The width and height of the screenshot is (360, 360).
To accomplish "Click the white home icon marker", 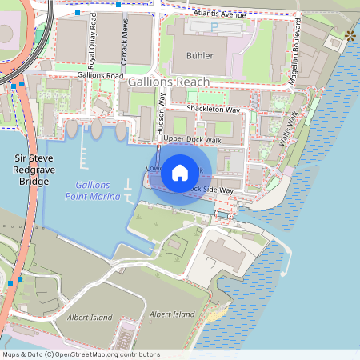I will pos(180,171).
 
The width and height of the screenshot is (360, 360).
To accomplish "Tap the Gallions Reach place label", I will pos(173,82).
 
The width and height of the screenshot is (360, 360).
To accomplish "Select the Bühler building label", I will pos(200,57).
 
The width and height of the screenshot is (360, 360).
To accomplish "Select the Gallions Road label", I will pos(100,75).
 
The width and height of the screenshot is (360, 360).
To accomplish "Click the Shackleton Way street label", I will pos(213,108).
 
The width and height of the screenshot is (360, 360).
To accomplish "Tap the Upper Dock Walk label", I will pos(191,139).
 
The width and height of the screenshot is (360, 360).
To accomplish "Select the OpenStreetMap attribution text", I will pos(81,354).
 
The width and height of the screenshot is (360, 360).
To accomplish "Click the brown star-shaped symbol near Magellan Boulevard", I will pos(349,35).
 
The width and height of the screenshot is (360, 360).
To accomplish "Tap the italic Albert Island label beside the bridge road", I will pos(90,318).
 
